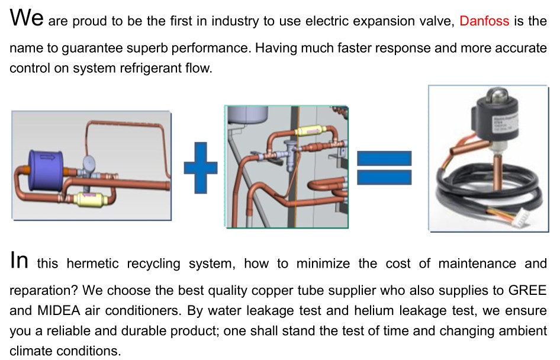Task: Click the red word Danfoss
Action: pos(484,21)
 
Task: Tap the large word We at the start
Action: pos(27,17)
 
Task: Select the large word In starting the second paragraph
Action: pos(19,260)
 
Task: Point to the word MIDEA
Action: pos(59,310)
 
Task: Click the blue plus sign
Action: pos(200,168)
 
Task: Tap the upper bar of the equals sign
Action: pos(384,158)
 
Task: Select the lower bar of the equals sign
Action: pos(384,177)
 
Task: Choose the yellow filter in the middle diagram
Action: pos(311,131)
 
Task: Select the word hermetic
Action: pos(92,263)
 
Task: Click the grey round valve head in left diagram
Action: pos(89,163)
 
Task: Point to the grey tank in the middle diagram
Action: pos(248,114)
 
